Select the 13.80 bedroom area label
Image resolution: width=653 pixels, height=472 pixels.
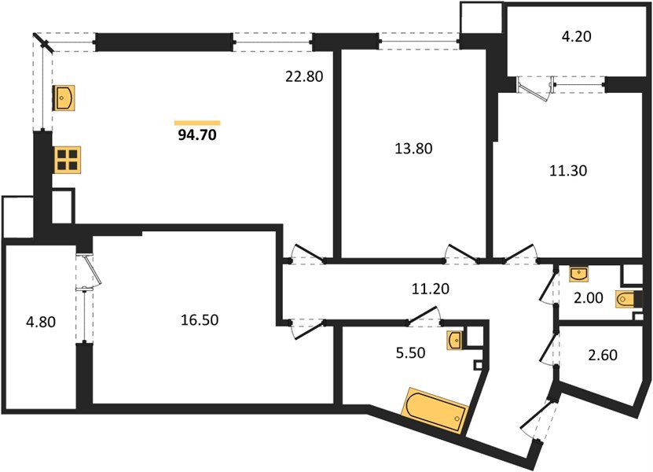click(x=413, y=147)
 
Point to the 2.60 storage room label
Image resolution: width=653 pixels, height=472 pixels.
click(x=602, y=355)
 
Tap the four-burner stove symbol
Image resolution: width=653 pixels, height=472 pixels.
click(x=67, y=160)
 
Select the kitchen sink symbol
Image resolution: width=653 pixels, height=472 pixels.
click(x=63, y=98)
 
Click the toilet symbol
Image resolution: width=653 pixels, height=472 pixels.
click(x=628, y=301)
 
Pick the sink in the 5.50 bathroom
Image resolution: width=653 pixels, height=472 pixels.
click(x=455, y=340)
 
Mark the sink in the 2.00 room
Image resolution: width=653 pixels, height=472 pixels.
click(x=580, y=274)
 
